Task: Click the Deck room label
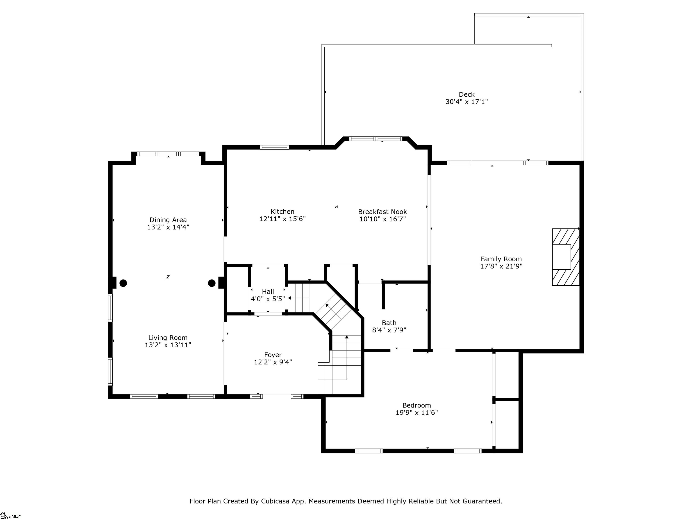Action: (x=467, y=94)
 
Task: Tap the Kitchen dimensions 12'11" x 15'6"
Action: (x=282, y=219)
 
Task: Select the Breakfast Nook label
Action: (x=382, y=212)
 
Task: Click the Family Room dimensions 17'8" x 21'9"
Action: (x=501, y=266)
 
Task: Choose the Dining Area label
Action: (x=168, y=220)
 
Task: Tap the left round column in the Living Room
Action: (x=123, y=283)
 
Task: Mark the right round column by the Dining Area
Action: (x=212, y=283)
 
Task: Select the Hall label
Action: (x=268, y=291)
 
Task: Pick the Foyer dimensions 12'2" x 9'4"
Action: (x=273, y=362)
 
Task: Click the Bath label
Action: (x=389, y=323)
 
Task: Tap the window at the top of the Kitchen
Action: (x=274, y=147)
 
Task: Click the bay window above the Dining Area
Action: (x=168, y=154)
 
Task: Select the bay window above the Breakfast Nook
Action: (x=376, y=139)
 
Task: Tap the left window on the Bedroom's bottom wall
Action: (x=369, y=451)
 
